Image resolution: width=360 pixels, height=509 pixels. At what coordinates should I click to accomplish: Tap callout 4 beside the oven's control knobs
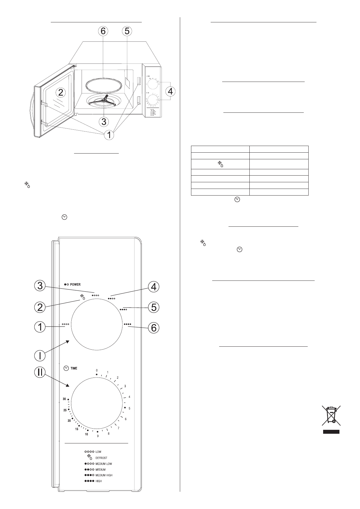point(170,91)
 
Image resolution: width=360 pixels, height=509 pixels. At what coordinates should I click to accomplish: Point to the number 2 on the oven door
point(61,92)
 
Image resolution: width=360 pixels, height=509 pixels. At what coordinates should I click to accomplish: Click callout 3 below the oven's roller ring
point(104,122)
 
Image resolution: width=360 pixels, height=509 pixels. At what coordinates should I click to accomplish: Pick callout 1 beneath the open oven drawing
point(109,135)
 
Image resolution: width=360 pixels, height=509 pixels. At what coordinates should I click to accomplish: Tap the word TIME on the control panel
point(74,368)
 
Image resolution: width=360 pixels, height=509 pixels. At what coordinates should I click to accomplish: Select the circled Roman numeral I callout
point(40,355)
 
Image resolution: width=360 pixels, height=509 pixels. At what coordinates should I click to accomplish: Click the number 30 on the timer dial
point(64,399)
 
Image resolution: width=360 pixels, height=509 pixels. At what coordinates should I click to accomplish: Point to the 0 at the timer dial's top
point(97,370)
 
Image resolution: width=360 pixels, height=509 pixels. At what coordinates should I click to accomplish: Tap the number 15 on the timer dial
point(77,429)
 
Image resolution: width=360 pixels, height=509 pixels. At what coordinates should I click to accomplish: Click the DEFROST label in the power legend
point(101,458)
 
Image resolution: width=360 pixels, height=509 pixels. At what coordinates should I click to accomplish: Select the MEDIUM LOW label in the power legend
point(104,464)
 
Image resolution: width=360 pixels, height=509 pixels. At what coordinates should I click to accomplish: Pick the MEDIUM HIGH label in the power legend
point(104,475)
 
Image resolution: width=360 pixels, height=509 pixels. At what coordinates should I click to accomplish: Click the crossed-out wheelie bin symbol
point(331,415)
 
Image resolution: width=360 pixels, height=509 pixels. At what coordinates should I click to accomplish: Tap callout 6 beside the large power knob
point(154,327)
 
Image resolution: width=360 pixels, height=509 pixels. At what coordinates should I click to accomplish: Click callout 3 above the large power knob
point(40,286)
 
